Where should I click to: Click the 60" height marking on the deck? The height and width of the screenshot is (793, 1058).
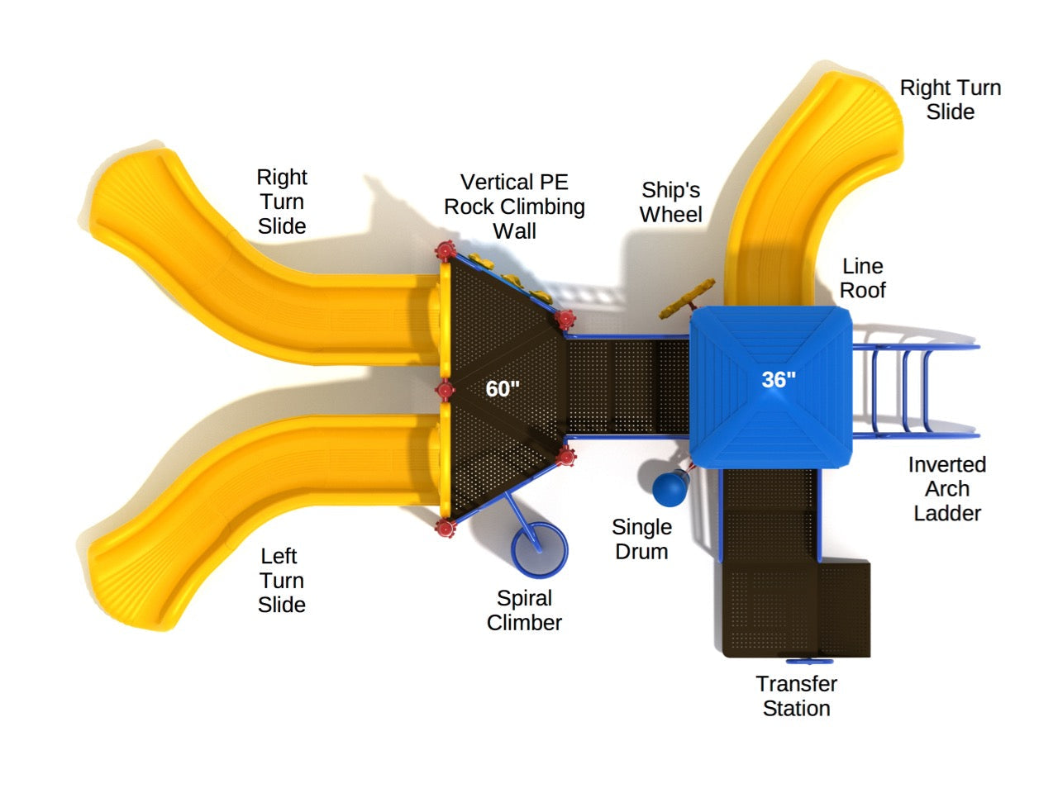point(503,388)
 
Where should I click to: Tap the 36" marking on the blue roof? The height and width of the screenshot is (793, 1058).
point(779,379)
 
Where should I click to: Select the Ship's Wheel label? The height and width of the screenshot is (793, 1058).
point(670,202)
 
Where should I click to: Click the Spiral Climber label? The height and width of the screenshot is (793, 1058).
point(524,610)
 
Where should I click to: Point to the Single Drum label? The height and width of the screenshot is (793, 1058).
point(641,539)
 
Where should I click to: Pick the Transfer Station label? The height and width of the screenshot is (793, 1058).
point(796,696)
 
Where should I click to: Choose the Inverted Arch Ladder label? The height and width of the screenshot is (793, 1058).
point(947,489)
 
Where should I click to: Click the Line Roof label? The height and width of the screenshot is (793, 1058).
point(863,278)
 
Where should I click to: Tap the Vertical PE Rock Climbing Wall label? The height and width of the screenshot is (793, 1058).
point(514,207)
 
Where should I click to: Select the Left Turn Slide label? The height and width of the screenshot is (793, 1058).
point(281,581)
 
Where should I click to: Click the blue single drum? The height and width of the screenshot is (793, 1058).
point(670,489)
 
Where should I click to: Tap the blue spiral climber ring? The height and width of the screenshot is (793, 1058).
point(539,549)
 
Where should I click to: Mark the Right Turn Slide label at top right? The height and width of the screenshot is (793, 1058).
point(950,100)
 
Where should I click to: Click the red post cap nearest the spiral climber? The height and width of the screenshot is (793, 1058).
point(446,527)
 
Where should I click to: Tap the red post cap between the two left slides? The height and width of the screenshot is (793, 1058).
point(446,390)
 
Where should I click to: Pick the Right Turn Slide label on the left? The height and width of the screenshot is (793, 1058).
point(281,202)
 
